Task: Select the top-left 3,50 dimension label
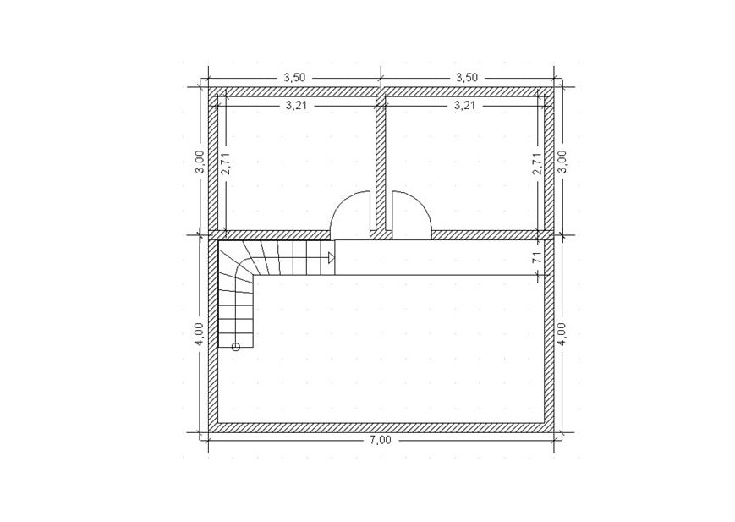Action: (x=294, y=77)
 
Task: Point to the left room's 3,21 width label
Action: (x=296, y=106)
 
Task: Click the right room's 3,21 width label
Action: (x=464, y=106)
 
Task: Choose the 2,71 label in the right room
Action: (x=537, y=163)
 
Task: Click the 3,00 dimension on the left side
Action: (x=200, y=162)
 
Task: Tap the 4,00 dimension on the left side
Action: (x=200, y=334)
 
